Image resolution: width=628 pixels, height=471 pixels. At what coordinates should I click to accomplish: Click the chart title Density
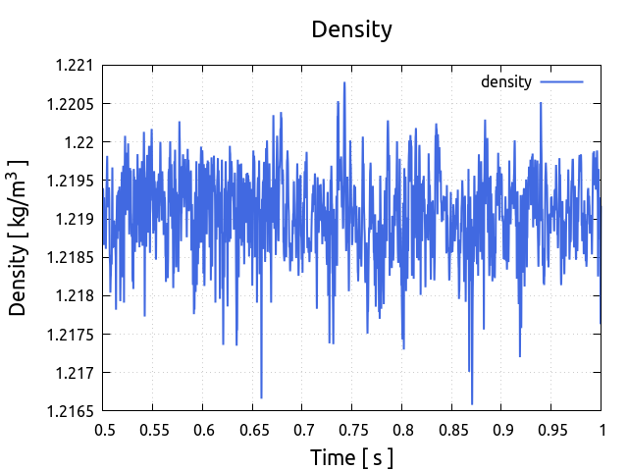click(351, 29)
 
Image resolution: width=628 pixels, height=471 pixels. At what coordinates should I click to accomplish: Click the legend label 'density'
click(506, 82)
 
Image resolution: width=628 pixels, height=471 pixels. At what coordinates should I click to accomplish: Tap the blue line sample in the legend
click(561, 82)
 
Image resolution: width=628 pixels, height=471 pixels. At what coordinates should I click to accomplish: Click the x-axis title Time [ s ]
click(351, 457)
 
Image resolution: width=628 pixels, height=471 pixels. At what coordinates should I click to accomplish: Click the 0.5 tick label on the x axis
click(104, 430)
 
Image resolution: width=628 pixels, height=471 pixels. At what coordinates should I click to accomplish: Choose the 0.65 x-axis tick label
click(253, 430)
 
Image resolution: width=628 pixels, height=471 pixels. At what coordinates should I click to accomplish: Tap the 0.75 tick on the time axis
click(352, 430)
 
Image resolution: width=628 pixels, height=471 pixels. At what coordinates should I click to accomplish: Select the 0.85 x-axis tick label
click(451, 430)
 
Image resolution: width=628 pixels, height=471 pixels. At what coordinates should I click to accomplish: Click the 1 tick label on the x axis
click(601, 430)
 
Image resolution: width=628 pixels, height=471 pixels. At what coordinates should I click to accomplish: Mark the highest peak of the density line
click(344, 82)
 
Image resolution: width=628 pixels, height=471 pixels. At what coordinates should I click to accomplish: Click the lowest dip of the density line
click(472, 403)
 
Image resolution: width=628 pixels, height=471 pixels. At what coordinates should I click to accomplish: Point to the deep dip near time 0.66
click(261, 397)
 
